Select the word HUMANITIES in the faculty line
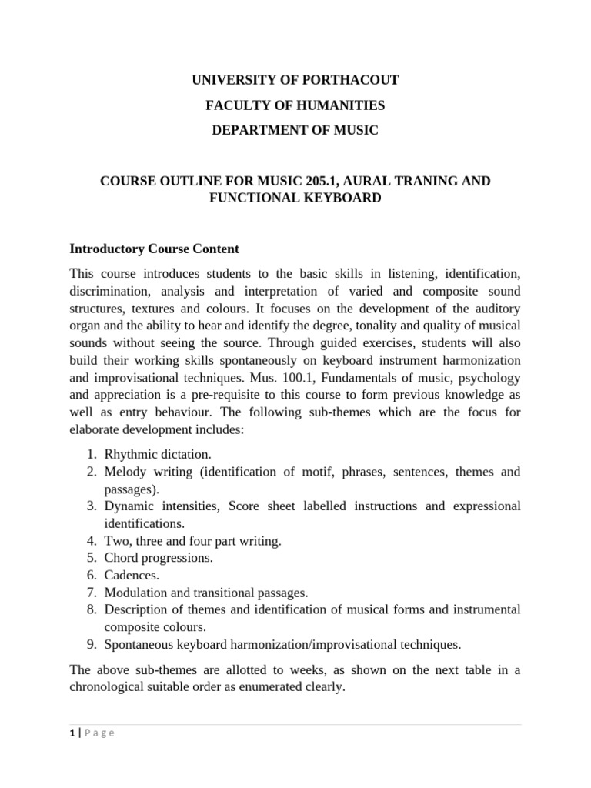coord(340,105)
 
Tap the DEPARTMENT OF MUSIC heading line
coord(295,131)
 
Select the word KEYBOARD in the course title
coord(342,198)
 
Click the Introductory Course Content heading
coord(155,249)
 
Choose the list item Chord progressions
coord(159,558)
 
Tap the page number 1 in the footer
coord(72,733)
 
